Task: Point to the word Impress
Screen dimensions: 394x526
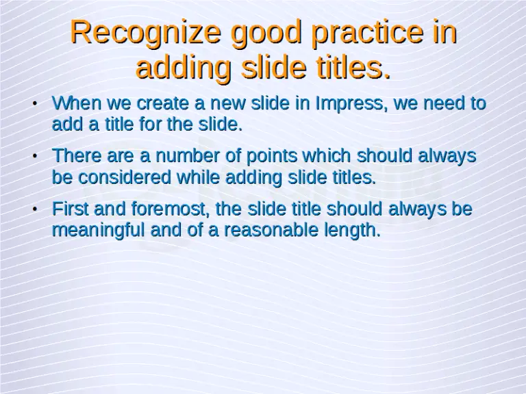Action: [x=347, y=104]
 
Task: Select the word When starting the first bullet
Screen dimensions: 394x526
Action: [x=75, y=104]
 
